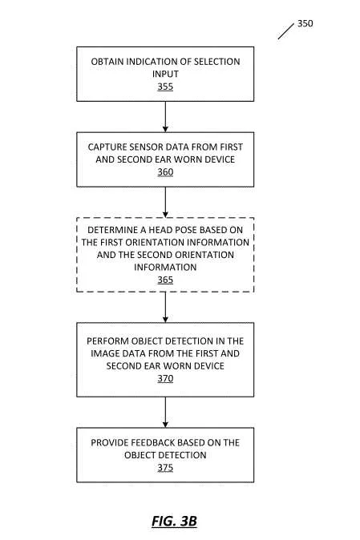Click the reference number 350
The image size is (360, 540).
click(x=305, y=23)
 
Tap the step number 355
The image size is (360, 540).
click(x=165, y=87)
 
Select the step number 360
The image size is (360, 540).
click(x=165, y=171)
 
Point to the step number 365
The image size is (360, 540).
click(x=165, y=280)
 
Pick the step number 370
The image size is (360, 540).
click(x=165, y=378)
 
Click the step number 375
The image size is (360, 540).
click(x=165, y=468)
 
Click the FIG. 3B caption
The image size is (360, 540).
click(x=174, y=521)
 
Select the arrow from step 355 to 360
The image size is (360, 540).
click(x=165, y=117)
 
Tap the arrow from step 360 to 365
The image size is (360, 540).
click(x=165, y=202)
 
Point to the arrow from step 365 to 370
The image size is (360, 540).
click(x=165, y=307)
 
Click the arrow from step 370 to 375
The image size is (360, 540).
click(x=165, y=413)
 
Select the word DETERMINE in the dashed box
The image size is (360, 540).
click(x=107, y=230)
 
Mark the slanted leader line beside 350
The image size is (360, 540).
click(x=286, y=31)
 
